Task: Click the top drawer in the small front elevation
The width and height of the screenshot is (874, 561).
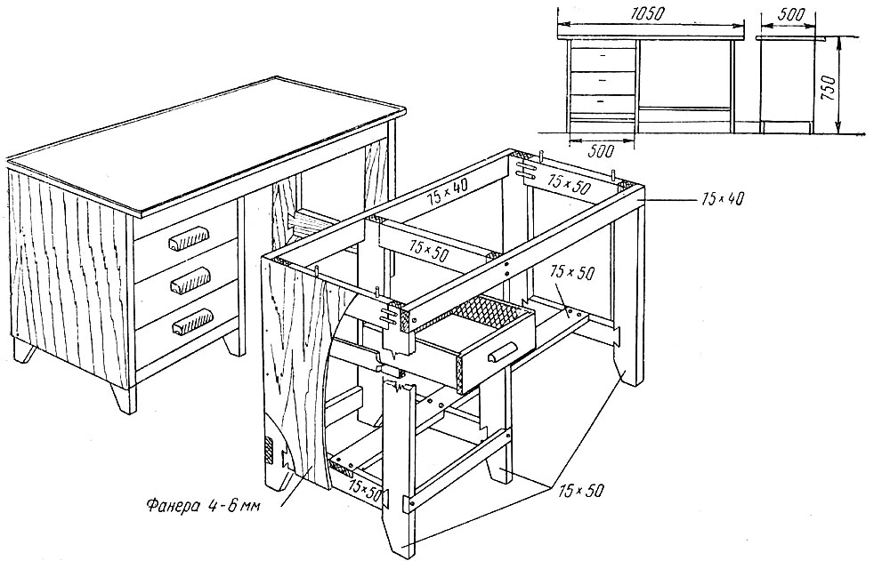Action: pyautogui.click(x=603, y=56)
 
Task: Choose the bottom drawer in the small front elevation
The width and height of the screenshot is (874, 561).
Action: pyautogui.click(x=603, y=102)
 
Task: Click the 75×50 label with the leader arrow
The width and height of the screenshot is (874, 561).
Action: pyautogui.click(x=560, y=273)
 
